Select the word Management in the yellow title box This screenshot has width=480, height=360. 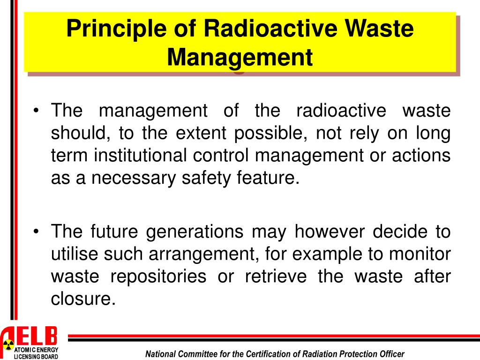(240, 58)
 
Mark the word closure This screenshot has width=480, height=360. (82, 299)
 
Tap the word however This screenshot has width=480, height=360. (328, 232)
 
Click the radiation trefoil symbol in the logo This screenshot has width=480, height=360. (7, 346)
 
